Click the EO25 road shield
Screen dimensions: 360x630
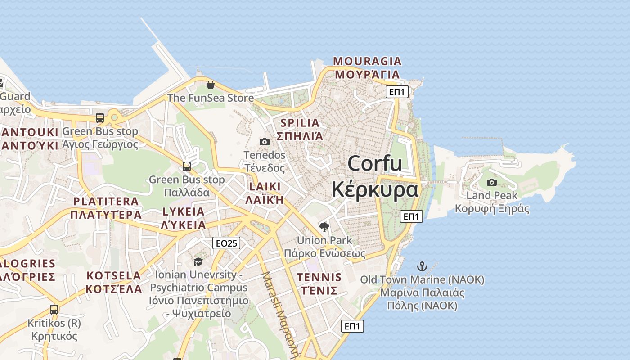(226, 243)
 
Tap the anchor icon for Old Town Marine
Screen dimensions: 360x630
(422, 266)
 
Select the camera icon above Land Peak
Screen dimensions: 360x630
(492, 182)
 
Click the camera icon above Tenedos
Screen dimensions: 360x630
(265, 142)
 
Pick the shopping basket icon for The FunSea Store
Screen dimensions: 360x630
(210, 85)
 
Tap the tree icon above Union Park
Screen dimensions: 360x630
(324, 227)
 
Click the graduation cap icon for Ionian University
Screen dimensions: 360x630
(198, 261)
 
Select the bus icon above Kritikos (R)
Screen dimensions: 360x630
(54, 310)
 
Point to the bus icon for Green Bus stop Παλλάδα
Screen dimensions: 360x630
(187, 166)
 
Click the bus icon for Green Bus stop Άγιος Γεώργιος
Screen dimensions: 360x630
(100, 118)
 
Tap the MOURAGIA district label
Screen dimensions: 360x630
(367, 61)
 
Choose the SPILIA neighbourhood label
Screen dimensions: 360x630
(300, 123)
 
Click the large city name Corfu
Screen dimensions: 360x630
(375, 163)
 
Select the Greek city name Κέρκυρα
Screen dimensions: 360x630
(375, 189)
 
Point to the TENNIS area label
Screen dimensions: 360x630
(319, 277)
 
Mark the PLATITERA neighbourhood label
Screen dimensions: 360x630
(106, 201)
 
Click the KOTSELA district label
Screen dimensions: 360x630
(114, 275)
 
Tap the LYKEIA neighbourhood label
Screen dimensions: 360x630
(184, 211)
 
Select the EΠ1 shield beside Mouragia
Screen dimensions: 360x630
(397, 92)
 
